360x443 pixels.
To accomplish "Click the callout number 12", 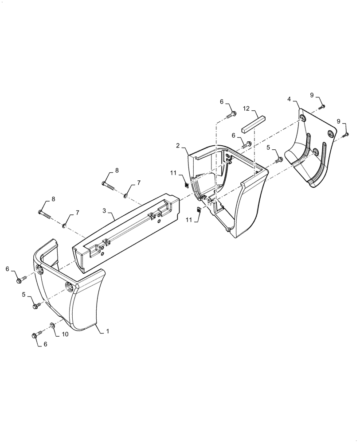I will coord(247,108).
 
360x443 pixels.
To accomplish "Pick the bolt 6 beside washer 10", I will coord(37,335).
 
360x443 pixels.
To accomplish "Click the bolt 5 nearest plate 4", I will coord(279,159).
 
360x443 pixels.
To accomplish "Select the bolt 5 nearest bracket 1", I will coord(36,305).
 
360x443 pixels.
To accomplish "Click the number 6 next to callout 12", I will coord(222,102).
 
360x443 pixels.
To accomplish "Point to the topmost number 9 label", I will coord(312,95).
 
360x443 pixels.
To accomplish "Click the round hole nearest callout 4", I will coord(303,118).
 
